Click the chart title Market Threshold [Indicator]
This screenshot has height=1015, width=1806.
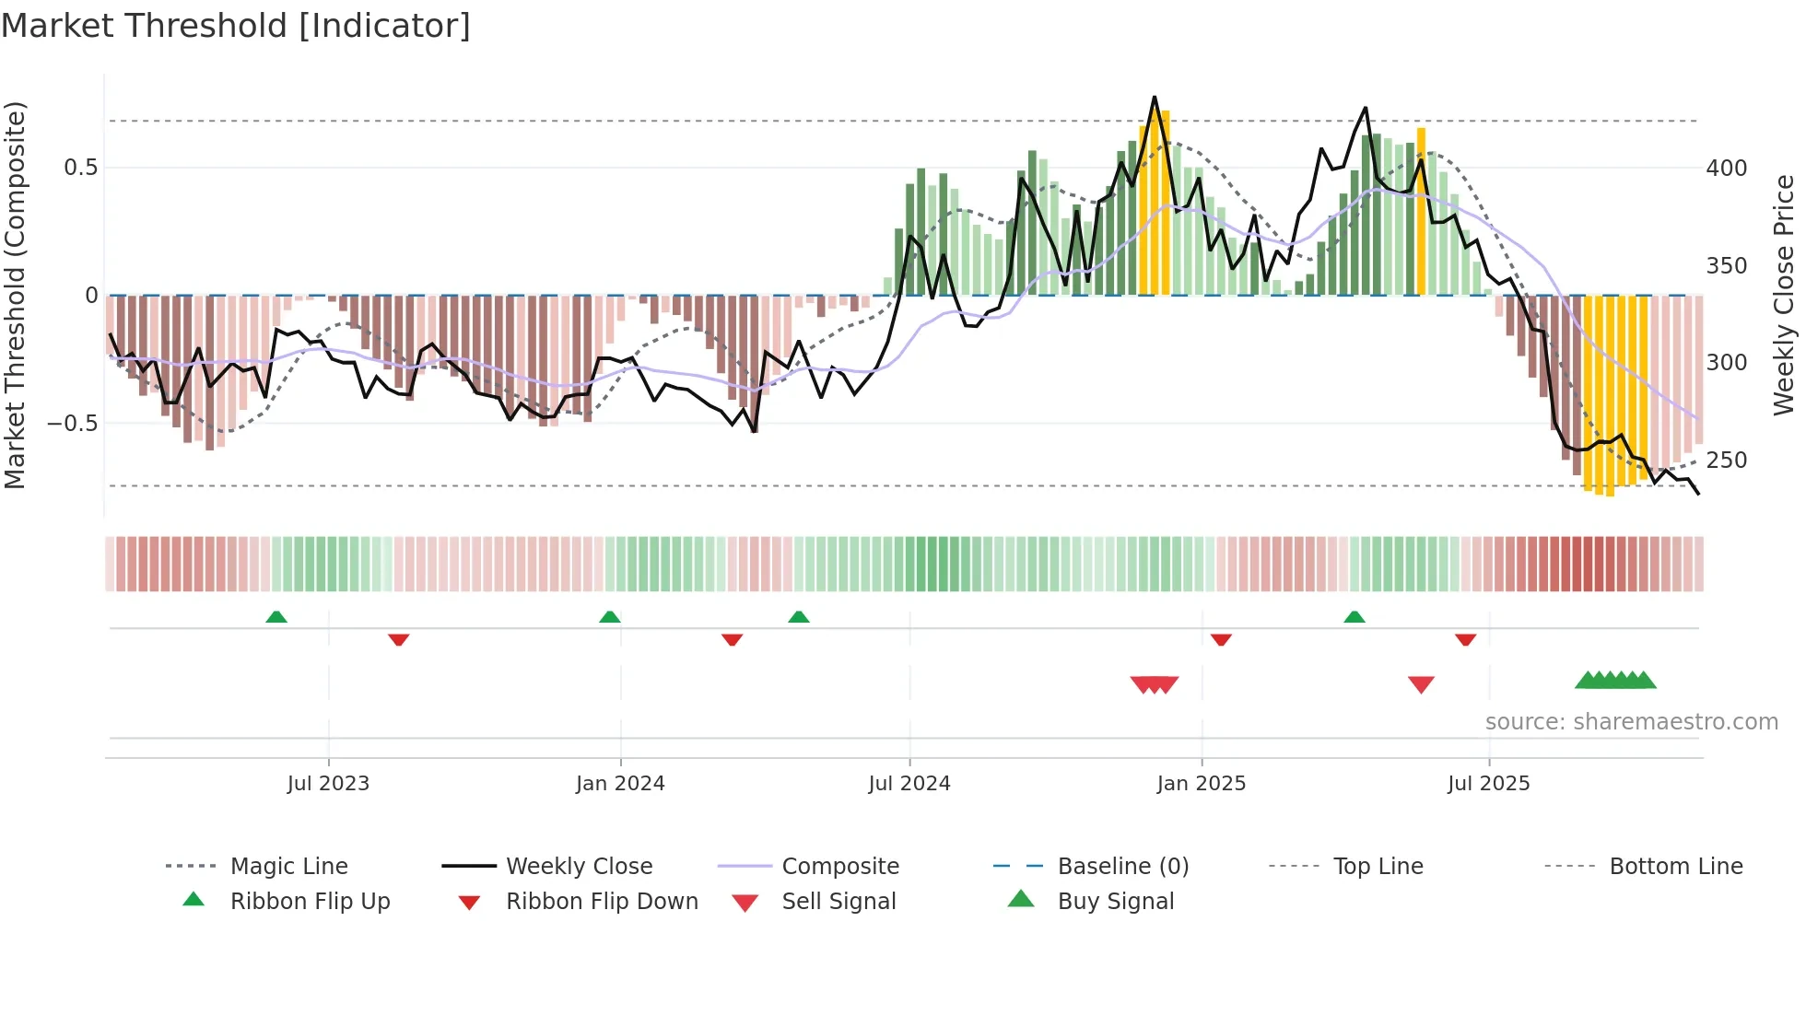click(x=236, y=26)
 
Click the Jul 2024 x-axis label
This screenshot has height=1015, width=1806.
click(x=909, y=784)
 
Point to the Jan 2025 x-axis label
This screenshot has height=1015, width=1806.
click(x=1201, y=784)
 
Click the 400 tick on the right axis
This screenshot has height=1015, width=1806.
click(x=1726, y=169)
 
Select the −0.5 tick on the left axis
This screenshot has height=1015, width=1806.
click(x=73, y=424)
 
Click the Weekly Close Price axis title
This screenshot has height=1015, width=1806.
click(x=1784, y=295)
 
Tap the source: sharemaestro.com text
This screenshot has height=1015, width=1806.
click(x=1631, y=722)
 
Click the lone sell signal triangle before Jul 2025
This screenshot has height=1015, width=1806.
click(x=1421, y=684)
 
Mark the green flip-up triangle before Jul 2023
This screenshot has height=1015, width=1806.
click(x=276, y=617)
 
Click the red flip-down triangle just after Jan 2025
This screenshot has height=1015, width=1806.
click(x=1221, y=639)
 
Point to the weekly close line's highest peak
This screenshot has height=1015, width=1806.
click(x=1154, y=98)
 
